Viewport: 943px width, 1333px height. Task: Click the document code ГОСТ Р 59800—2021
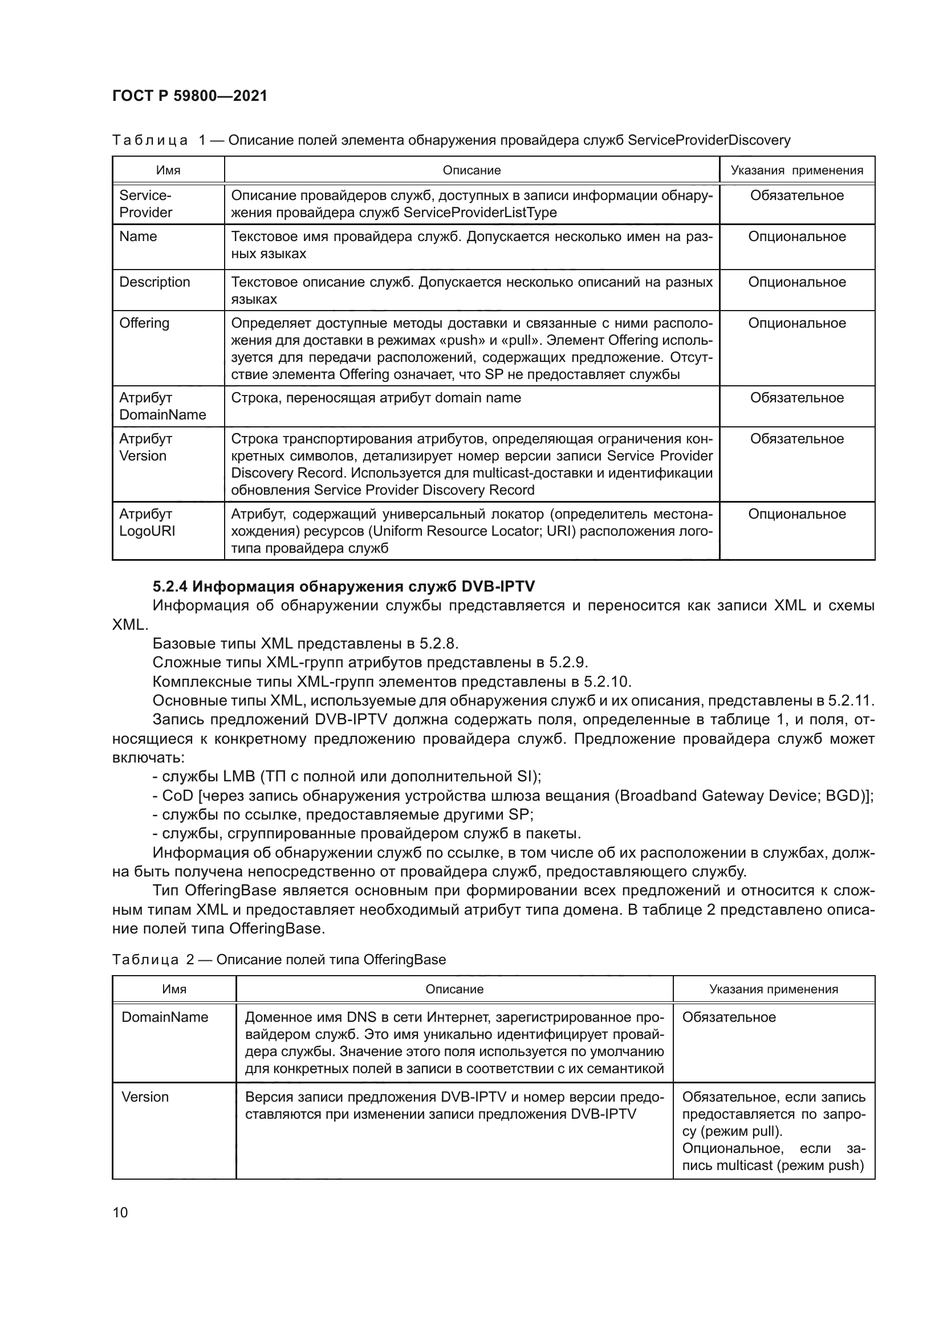pos(189,96)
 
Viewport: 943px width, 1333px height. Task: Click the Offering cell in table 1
pos(144,323)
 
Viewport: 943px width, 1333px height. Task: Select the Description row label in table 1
pos(155,282)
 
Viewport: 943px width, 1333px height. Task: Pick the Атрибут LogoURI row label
pos(147,523)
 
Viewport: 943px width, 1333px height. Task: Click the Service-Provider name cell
pos(146,204)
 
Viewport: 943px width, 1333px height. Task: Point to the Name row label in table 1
pos(137,237)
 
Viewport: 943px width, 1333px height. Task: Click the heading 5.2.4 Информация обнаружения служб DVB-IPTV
pos(343,586)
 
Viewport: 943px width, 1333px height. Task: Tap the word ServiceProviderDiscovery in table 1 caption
pos(709,140)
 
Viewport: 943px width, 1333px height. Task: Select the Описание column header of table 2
pos(454,989)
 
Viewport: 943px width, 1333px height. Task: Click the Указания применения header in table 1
pos(796,170)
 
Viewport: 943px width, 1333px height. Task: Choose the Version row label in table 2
pos(145,1096)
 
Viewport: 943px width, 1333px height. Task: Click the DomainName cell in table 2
pos(164,1017)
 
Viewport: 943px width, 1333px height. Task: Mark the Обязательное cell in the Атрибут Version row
pos(796,439)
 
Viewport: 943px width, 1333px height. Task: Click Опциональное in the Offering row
pos(796,323)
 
